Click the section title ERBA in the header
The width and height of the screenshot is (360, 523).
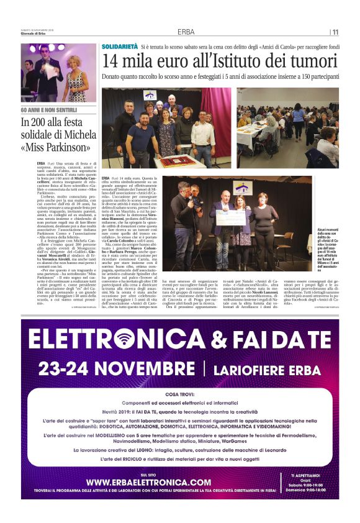point(186,32)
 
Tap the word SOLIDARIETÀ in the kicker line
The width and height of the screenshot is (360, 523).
point(120,47)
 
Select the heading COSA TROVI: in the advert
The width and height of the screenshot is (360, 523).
point(181,394)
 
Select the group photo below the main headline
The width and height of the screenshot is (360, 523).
point(166,128)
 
